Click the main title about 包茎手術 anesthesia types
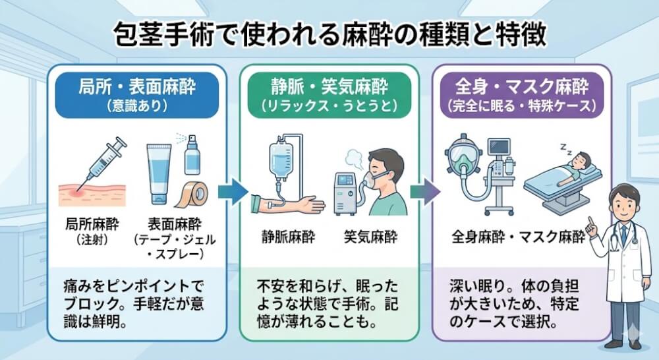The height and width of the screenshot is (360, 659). (x=329, y=34)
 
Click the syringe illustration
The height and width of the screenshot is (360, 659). (x=102, y=158)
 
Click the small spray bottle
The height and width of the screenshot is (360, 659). (x=192, y=155)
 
